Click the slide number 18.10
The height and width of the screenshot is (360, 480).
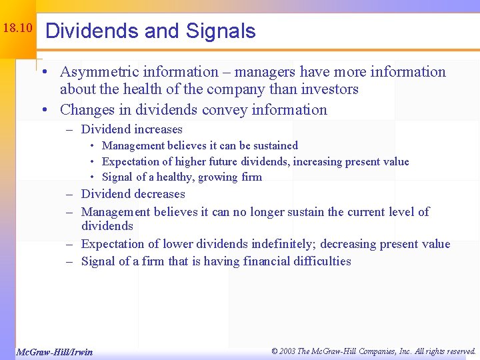tap(17, 29)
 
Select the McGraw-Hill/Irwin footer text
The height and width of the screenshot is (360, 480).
tap(55, 351)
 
